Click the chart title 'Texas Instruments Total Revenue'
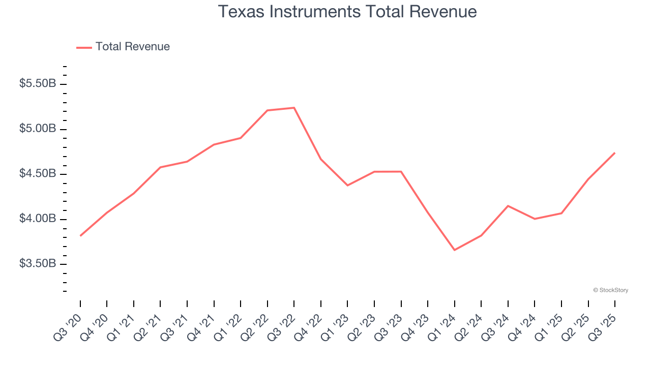(x=347, y=12)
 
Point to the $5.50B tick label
(x=38, y=84)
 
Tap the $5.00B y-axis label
(x=38, y=129)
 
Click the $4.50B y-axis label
(x=38, y=174)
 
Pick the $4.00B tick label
(x=38, y=219)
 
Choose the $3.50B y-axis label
(x=38, y=264)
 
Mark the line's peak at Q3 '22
(x=294, y=108)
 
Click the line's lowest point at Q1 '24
(x=454, y=250)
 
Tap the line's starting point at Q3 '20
(x=80, y=236)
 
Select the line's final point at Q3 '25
(x=615, y=152)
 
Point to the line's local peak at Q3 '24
(x=508, y=206)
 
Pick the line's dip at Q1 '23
(x=347, y=185)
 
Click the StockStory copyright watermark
(x=610, y=290)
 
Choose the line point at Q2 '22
(x=268, y=110)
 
